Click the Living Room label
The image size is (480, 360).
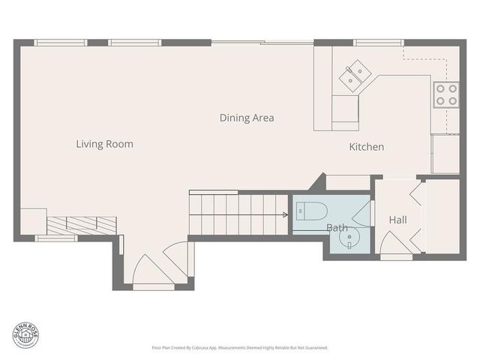tap(104, 143)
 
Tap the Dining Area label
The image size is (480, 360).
tap(247, 118)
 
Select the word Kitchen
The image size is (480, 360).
tap(367, 147)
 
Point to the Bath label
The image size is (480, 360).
tap(336, 227)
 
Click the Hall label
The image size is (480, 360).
tap(397, 220)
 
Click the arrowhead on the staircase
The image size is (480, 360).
tap(285, 214)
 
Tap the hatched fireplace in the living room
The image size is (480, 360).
tap(82, 224)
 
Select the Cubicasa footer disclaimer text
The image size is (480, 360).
tap(239, 348)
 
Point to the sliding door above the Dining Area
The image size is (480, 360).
tap(262, 43)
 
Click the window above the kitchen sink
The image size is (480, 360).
tap(378, 43)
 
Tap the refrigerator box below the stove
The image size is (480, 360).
tap(445, 154)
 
